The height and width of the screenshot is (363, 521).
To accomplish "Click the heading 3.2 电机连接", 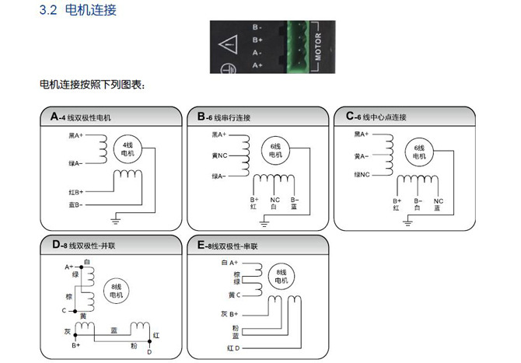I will (77, 11).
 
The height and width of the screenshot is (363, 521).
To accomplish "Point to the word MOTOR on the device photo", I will (319, 47).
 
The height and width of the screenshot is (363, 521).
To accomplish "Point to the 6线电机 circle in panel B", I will (275, 151).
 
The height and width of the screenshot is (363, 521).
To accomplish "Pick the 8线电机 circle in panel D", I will (117, 290).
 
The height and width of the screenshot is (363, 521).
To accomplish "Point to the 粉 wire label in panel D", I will (134, 344).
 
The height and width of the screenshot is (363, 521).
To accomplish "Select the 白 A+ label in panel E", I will (229, 264).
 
